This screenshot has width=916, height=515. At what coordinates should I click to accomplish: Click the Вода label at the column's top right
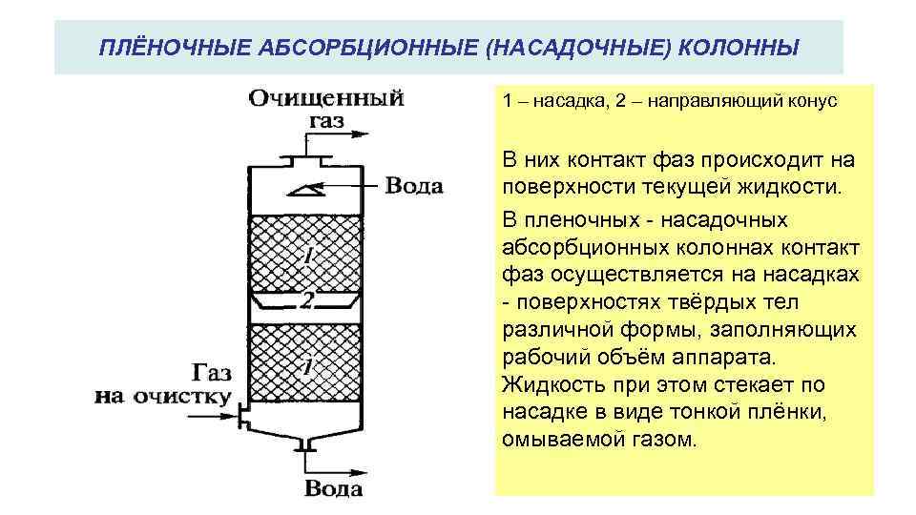point(413,185)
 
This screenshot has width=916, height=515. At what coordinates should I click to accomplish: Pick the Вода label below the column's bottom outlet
point(333,489)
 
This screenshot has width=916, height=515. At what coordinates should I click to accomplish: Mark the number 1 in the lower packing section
point(307,366)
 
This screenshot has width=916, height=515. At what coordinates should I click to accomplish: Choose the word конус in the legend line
point(809,102)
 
